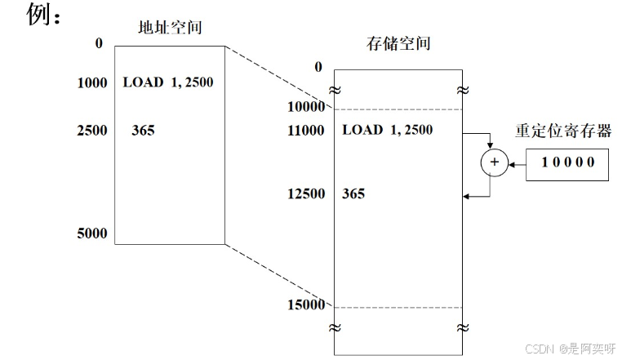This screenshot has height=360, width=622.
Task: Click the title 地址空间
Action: tap(169, 28)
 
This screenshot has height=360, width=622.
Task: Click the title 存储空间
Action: tap(398, 43)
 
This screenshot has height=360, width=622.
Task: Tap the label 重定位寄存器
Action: tap(563, 131)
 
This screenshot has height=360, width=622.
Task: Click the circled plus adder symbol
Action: tap(493, 163)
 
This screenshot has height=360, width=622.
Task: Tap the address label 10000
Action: tap(307, 108)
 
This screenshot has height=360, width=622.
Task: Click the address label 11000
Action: tap(307, 130)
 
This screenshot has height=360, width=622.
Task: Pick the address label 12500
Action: tap(307, 194)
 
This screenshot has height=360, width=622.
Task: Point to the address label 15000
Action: tap(307, 305)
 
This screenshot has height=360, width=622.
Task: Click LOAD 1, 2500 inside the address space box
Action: tap(169, 82)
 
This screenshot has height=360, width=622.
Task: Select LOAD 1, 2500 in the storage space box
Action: tap(387, 130)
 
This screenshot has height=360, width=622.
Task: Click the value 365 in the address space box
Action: tap(143, 131)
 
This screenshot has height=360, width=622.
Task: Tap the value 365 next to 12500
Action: tap(353, 194)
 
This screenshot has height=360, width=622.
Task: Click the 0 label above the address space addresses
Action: tap(99, 43)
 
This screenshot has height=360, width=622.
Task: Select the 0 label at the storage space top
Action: tap(318, 67)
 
